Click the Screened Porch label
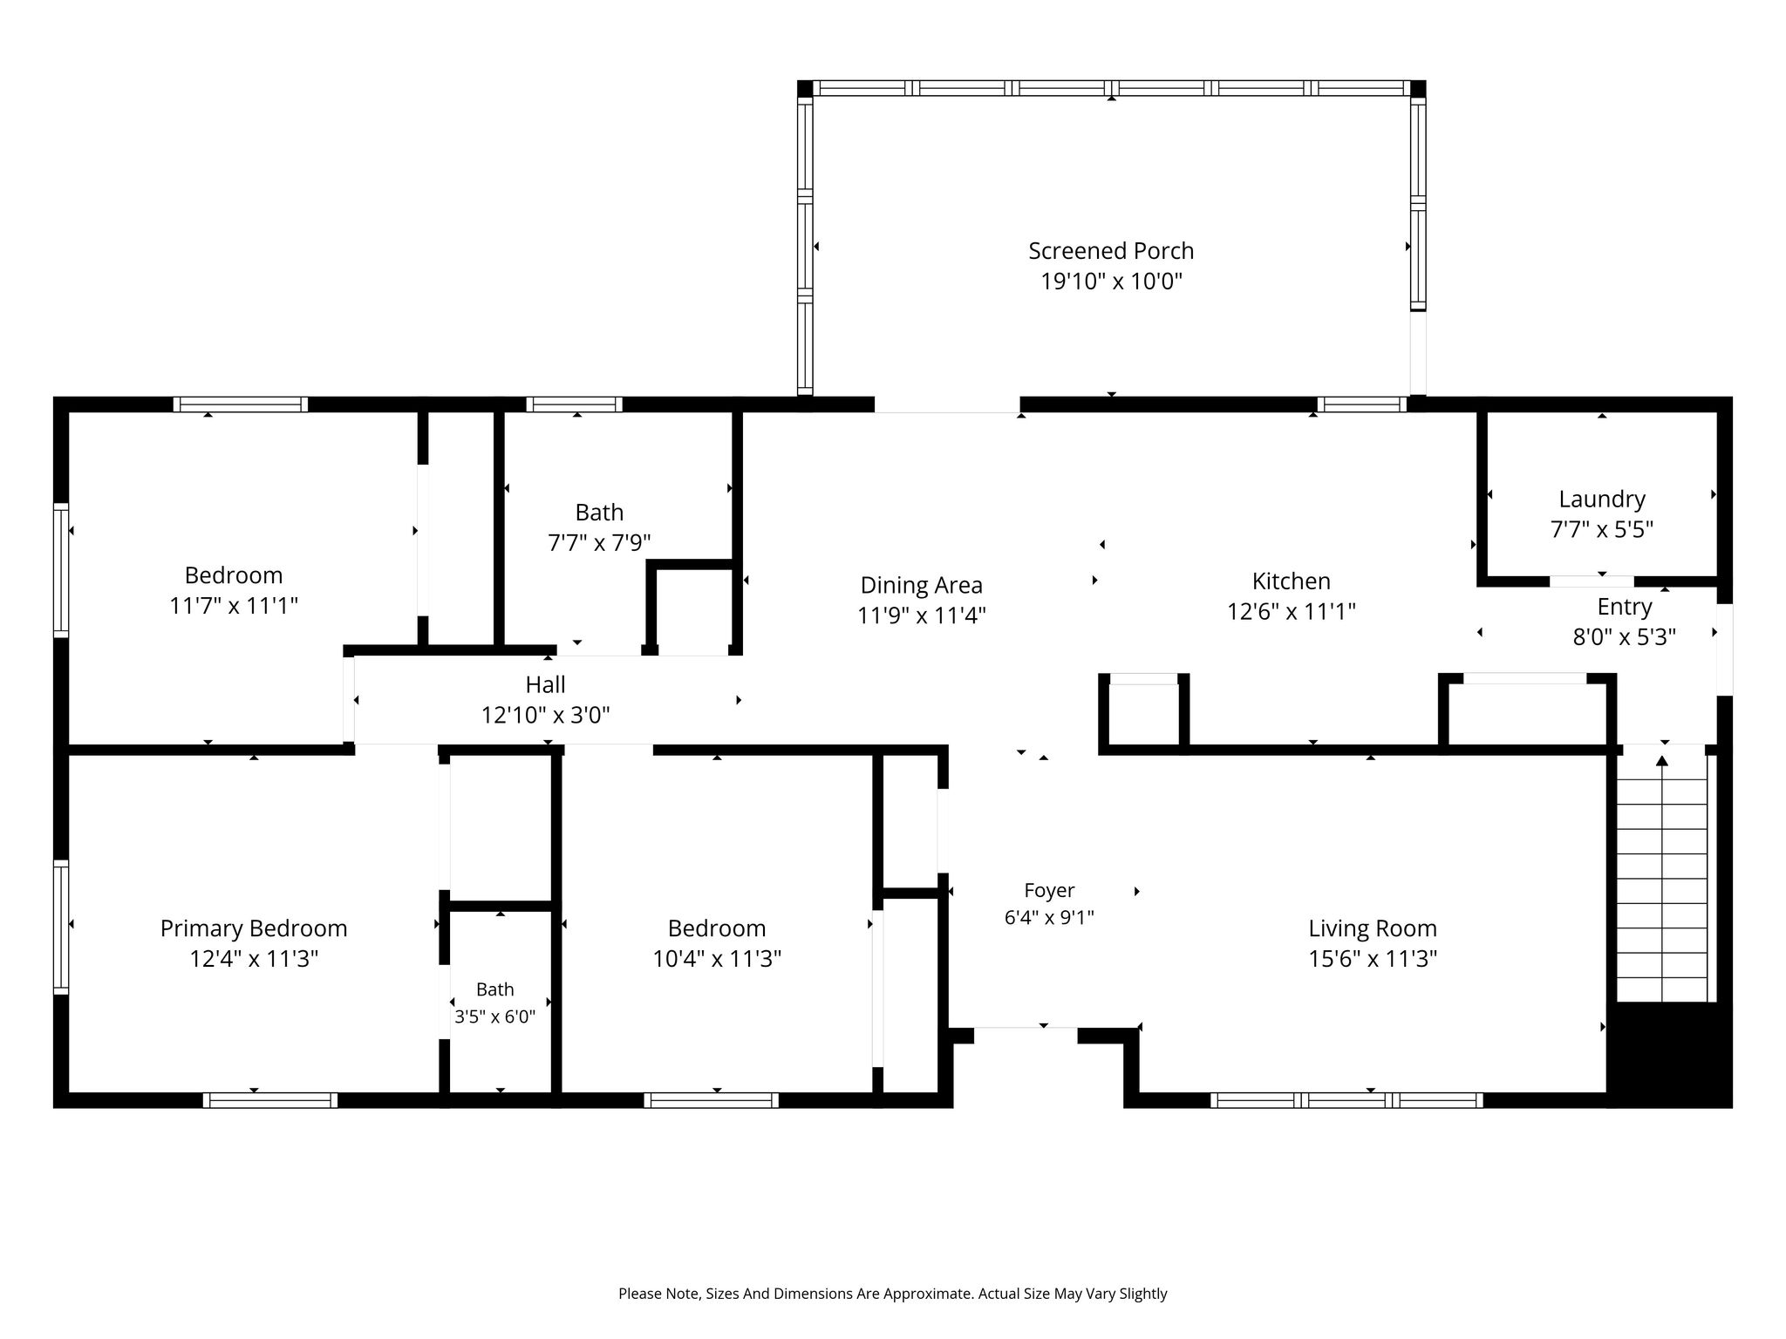1111,251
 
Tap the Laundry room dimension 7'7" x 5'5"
1602,529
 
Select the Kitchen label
1292,581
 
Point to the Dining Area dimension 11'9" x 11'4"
922,615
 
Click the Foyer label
1049,890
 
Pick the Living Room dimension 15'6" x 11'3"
1373,959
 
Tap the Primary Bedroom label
254,929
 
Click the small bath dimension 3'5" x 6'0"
495,1016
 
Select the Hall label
546,685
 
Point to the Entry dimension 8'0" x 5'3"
1625,637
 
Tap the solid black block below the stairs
1669,1055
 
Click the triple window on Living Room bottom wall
1346,1100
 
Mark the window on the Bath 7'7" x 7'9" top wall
574,404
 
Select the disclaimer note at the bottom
893,1294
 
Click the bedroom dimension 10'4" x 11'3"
717,959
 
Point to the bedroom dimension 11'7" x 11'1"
234,606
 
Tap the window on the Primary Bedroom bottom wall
270,1100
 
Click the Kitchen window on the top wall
1362,404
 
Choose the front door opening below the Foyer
1026,1036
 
